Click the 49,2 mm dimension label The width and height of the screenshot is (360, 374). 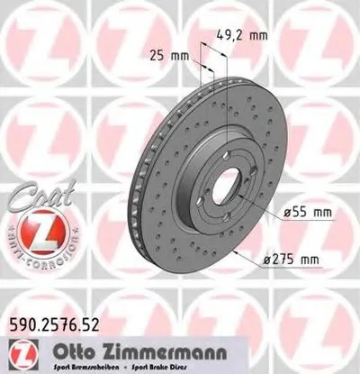(x=244, y=37)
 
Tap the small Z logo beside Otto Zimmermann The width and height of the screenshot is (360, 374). (x=22, y=347)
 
